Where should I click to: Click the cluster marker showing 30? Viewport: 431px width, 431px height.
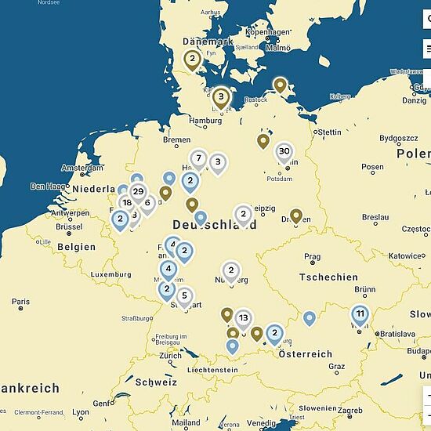[284, 152]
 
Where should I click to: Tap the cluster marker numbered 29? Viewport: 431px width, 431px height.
[138, 192]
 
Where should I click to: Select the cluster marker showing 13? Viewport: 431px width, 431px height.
[244, 318]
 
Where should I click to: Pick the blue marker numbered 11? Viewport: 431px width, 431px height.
[360, 314]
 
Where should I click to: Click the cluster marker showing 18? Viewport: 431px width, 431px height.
[126, 203]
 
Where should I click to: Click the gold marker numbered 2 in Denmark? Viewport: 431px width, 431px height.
[192, 58]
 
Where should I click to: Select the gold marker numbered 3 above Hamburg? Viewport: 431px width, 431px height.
[222, 98]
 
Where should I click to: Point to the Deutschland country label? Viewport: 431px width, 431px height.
[214, 224]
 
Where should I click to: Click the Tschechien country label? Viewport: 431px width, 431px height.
[328, 277]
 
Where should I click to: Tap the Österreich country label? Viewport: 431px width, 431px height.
[306, 354]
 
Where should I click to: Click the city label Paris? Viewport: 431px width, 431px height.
[21, 302]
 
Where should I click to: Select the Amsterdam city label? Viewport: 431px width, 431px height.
[81, 168]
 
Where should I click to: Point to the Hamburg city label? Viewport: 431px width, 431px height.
[207, 121]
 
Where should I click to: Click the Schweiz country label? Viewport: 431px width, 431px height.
[156, 382]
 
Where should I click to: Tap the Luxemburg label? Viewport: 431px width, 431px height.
[110, 275]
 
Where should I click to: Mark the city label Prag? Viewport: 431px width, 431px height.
[312, 256]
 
